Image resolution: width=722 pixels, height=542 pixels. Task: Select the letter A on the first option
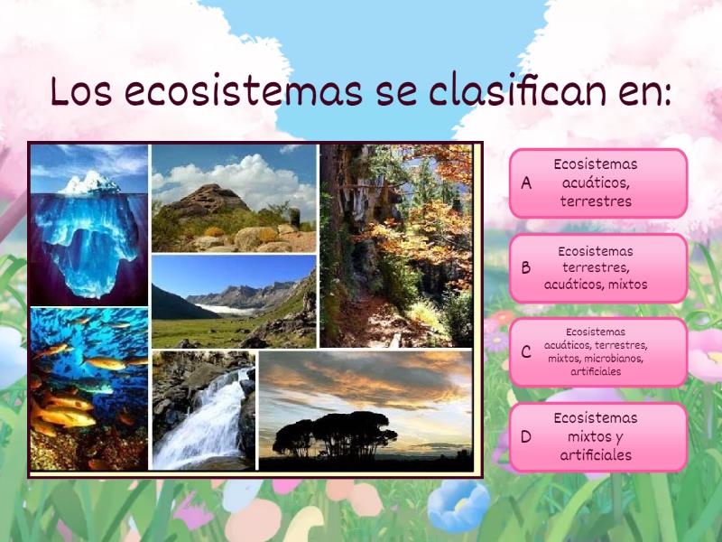pos(527,183)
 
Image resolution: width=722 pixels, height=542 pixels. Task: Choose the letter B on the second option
pos(526,268)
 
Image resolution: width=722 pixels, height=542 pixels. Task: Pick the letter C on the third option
pos(526,352)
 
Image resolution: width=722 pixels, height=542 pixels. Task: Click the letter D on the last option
pos(527,437)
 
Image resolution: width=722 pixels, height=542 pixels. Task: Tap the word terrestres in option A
pos(596,201)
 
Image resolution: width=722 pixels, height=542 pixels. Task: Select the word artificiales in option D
pos(596,455)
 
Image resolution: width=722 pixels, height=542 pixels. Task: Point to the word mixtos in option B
pos(628,285)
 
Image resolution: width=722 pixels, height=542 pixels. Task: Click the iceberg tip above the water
pos(89,183)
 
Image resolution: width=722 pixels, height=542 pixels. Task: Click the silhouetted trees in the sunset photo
pos(334,434)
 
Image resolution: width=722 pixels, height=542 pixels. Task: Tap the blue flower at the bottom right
pos(460,506)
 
